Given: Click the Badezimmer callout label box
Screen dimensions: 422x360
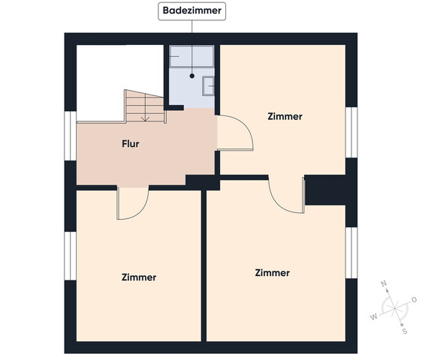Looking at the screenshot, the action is (192, 11).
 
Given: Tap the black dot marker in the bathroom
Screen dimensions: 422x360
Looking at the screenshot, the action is (192, 76).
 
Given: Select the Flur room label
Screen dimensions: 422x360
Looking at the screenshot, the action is (131, 144).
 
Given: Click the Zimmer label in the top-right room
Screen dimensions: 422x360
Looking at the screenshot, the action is (285, 116).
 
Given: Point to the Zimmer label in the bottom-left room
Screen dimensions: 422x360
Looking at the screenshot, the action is (139, 277).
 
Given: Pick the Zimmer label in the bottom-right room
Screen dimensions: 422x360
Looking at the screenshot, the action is (273, 273).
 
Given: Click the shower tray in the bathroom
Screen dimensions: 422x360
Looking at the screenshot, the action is (191, 56).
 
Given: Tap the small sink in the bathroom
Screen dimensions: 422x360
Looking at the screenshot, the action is (209, 86).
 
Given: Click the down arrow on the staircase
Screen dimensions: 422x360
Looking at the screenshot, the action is (146, 107).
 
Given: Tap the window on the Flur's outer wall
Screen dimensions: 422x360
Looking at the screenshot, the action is (71, 136).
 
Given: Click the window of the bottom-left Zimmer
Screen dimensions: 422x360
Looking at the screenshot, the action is (71, 256).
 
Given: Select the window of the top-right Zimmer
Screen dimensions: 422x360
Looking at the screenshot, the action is (351, 132).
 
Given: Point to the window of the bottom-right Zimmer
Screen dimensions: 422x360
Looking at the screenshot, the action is (351, 253).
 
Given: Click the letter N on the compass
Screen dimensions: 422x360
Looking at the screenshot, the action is (384, 283).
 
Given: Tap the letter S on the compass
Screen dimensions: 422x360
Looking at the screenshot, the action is (405, 331).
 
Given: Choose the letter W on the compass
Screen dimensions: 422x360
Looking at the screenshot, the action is (374, 317).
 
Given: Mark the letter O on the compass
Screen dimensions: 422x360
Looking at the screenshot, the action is (414, 299).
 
